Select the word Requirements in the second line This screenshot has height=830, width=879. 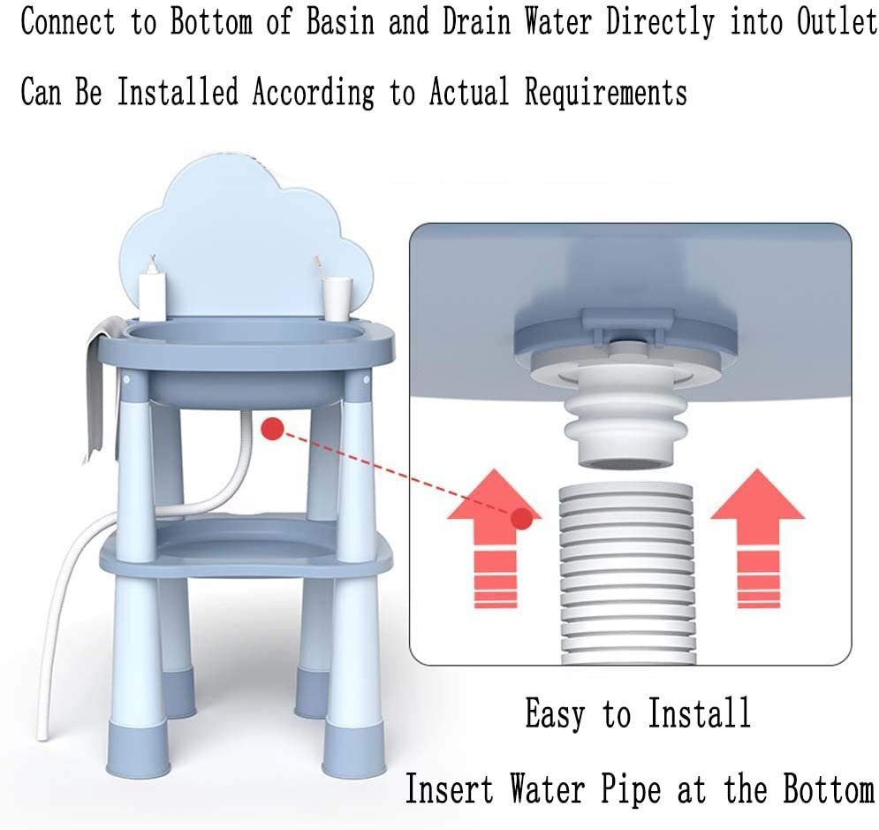pos(606,92)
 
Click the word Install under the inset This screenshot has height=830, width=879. pos(699,712)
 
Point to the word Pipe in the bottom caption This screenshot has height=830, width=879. pos(632,790)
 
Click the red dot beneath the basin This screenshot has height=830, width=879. pos(272,429)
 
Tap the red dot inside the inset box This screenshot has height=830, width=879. pos(522,518)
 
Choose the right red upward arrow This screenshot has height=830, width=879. pos(758,538)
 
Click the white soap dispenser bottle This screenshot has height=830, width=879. pos(152,291)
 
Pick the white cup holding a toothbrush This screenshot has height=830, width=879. pos(337,299)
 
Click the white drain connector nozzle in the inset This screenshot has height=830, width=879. pos(625,418)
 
